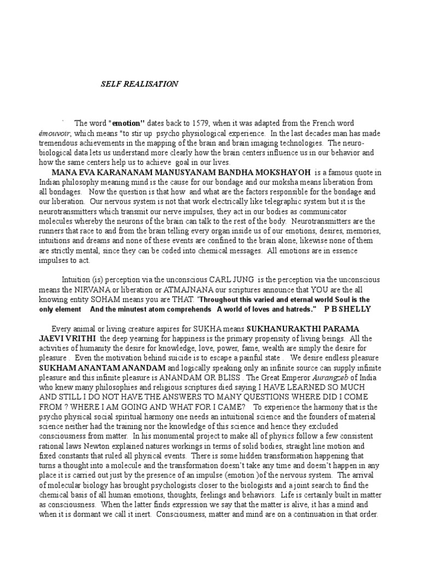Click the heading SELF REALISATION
(x=139, y=84)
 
